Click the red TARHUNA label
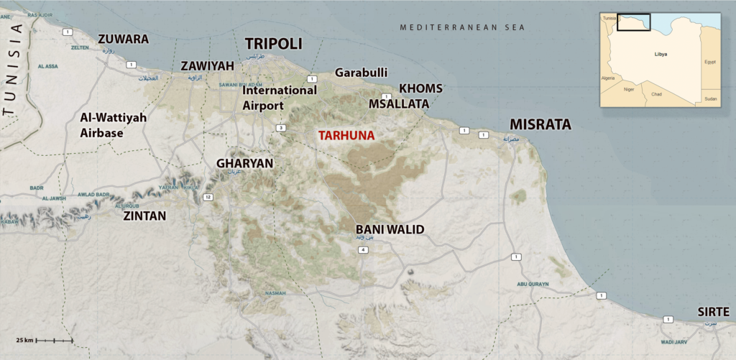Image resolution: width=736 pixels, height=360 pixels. [347, 135]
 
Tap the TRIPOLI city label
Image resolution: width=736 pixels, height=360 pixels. [274, 44]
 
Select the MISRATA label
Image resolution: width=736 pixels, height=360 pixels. [540, 124]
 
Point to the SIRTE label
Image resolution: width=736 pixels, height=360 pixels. [713, 312]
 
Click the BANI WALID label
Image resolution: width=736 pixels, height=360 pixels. [390, 230]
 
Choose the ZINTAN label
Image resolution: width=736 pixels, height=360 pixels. [144, 215]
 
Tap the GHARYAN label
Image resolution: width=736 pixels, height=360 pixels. [244, 163]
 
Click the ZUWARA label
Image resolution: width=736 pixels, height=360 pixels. [123, 39]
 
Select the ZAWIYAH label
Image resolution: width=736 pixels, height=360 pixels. [208, 65]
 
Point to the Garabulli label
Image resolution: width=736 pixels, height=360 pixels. [362, 72]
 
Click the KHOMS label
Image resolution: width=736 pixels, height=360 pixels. [420, 88]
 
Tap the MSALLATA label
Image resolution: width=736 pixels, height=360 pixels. [399, 103]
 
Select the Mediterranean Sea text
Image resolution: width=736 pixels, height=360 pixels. [463, 27]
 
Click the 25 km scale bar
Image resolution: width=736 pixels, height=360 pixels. [54, 340]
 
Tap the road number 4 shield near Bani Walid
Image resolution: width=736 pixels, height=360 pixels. [364, 249]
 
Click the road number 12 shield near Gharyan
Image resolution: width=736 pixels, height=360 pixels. [208, 196]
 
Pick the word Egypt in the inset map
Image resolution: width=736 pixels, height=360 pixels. [710, 62]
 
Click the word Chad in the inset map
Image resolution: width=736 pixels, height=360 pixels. [656, 94]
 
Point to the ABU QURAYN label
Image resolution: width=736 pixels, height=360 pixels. [533, 284]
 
